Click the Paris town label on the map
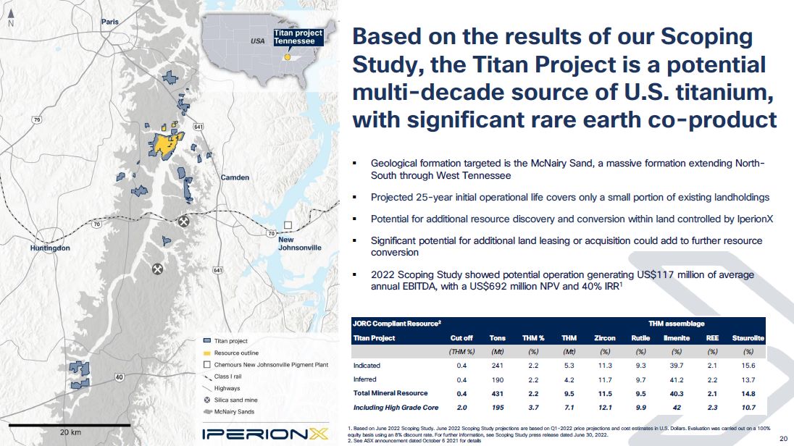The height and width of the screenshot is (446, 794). [x=110, y=22]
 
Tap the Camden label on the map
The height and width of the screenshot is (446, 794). [x=235, y=177]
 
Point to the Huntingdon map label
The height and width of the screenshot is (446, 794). [x=50, y=248]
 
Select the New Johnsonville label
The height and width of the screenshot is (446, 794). [x=300, y=243]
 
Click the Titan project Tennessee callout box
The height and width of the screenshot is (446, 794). [x=298, y=37]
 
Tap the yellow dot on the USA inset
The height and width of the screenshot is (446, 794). [x=287, y=57]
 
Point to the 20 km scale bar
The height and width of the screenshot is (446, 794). [x=70, y=425]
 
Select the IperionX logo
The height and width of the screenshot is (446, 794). [x=265, y=434]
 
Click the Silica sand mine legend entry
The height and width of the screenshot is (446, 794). [x=231, y=400]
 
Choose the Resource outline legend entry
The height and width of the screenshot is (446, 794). [x=231, y=353]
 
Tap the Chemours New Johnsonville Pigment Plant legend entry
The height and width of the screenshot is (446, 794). [x=266, y=364]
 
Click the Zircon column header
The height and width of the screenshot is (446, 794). [x=605, y=338]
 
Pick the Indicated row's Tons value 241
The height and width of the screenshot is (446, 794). [x=497, y=366]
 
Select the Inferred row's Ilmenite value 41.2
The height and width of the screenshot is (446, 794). [x=677, y=379]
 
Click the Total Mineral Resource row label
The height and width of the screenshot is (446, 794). [x=390, y=393]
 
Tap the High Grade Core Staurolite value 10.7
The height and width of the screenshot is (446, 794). [x=748, y=408]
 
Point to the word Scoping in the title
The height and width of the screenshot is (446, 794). [x=707, y=38]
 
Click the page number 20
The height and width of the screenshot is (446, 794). [x=783, y=439]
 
